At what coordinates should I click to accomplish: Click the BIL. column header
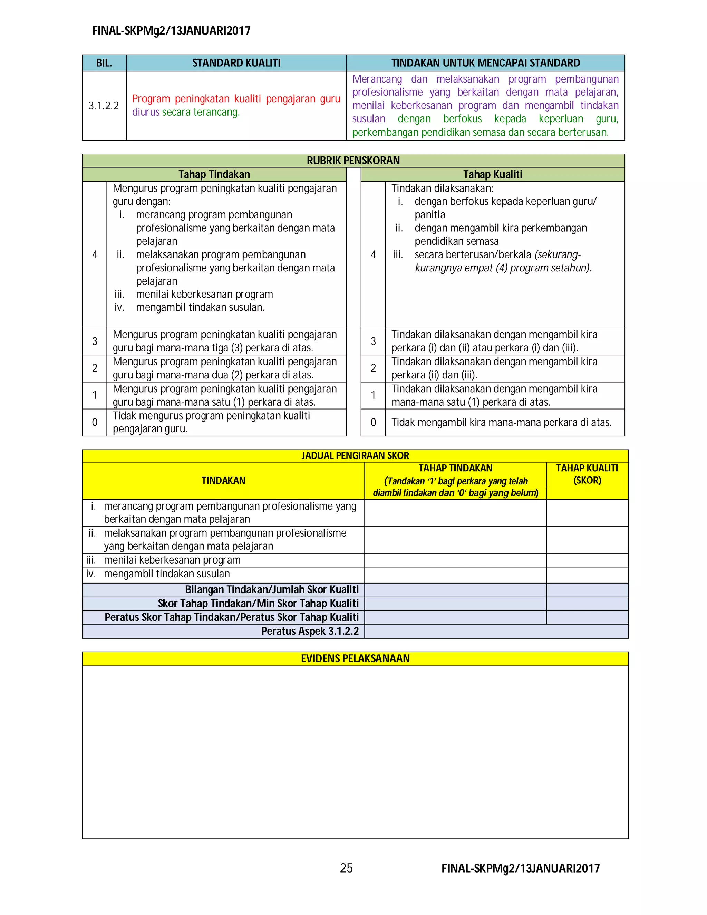tap(104, 63)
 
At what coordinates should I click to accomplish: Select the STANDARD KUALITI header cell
tap(236, 63)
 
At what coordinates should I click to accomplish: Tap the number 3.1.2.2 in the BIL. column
tap(104, 106)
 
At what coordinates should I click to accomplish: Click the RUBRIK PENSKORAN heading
tap(353, 161)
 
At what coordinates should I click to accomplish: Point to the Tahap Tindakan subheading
tap(214, 174)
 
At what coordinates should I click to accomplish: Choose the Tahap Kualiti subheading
tap(493, 174)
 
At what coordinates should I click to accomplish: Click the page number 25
tap(346, 868)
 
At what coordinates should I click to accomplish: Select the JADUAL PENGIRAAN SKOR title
tap(355, 455)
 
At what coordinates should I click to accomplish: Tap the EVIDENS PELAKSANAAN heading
tap(355, 658)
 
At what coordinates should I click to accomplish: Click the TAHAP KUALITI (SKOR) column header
tap(587, 474)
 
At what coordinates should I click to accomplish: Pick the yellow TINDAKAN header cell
tap(223, 481)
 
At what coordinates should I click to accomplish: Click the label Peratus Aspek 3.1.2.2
tap(310, 631)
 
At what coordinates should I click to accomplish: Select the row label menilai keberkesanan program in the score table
tap(172, 560)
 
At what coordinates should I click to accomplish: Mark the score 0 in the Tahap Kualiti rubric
tap(373, 422)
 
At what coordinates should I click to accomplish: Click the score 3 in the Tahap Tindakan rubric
tap(95, 341)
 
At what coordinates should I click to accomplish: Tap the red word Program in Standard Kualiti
tap(151, 99)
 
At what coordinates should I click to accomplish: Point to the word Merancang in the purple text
tap(377, 79)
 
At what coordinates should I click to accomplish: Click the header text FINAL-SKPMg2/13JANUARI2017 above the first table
tap(171, 31)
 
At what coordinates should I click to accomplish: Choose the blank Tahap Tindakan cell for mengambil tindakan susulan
tap(455, 574)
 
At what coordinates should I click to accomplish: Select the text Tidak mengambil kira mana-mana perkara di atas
tap(501, 422)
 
